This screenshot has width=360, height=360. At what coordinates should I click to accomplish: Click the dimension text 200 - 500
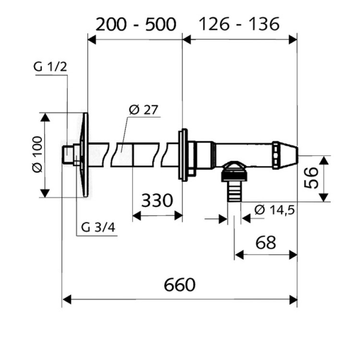(x=135, y=24)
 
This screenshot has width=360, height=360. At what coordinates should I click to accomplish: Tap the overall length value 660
(x=180, y=285)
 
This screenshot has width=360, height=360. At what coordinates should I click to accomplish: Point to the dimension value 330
(x=157, y=201)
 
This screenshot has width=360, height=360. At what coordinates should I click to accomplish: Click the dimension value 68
(x=265, y=242)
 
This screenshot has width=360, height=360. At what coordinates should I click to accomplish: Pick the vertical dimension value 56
(x=312, y=178)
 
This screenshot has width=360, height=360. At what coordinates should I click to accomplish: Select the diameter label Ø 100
(x=37, y=155)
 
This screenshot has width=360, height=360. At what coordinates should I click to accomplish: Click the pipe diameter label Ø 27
(x=144, y=110)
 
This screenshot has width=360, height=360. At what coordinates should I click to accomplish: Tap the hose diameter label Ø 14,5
(x=275, y=209)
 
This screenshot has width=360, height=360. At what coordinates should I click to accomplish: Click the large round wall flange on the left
(x=85, y=155)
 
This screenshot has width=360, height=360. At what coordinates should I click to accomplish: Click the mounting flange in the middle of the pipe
(x=183, y=155)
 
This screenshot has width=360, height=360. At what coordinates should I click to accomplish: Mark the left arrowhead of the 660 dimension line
(x=66, y=300)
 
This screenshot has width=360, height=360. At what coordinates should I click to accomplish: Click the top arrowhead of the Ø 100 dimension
(x=45, y=117)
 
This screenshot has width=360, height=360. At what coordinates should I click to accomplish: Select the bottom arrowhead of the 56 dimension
(x=324, y=197)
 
